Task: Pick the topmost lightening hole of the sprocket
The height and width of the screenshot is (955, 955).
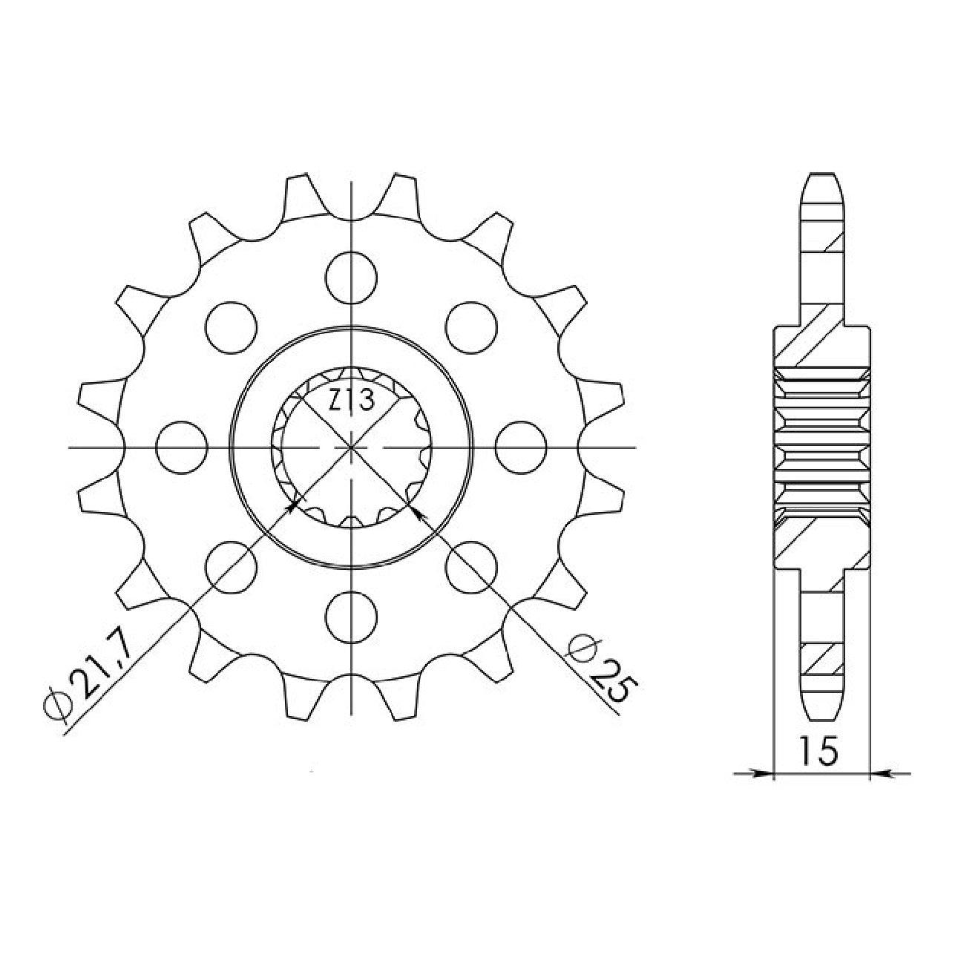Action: tap(352, 278)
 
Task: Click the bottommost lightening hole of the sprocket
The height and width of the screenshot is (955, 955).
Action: tap(352, 617)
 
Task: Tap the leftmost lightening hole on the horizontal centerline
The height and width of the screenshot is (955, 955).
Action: tap(181, 447)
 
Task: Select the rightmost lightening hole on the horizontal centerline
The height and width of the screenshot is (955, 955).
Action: tap(521, 447)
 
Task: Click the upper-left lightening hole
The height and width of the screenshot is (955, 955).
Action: tap(232, 327)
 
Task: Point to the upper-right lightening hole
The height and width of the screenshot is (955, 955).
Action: tap(471, 327)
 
